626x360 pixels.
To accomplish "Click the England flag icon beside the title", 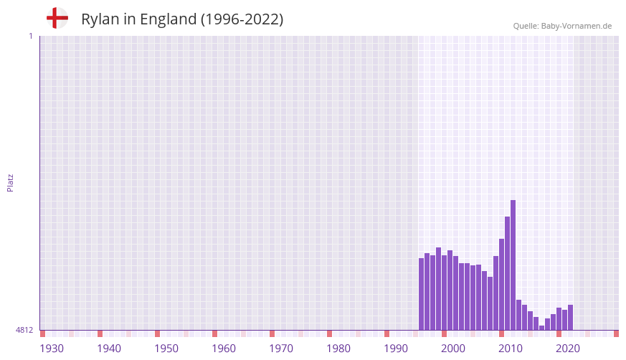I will [x=57, y=18].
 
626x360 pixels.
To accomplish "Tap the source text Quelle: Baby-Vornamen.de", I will [x=562, y=26].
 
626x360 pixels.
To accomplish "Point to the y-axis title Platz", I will [x=11, y=182].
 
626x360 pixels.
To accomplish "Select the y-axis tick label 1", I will [x=30, y=36].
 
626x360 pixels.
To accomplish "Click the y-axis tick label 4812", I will [x=24, y=331].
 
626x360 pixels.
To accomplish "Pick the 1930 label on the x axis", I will [x=52, y=349].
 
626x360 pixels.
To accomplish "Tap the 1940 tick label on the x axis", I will [x=109, y=349].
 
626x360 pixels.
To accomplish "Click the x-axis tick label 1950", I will [x=166, y=349].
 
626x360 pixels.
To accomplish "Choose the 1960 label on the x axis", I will [x=224, y=349].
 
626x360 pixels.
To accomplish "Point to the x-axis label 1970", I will [x=281, y=349].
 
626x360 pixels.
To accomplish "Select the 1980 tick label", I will [x=338, y=349].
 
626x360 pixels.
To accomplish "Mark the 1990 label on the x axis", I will [x=396, y=349].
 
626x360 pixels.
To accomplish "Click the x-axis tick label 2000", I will [x=453, y=349].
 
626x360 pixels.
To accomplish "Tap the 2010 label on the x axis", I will [x=511, y=349].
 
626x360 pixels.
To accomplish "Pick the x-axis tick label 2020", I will [x=568, y=349].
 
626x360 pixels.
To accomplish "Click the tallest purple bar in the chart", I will [x=513, y=265].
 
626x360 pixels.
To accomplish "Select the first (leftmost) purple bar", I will [x=422, y=294].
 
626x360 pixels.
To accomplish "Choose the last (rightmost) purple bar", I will [x=570, y=318].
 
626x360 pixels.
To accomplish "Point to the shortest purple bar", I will [x=541, y=328].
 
